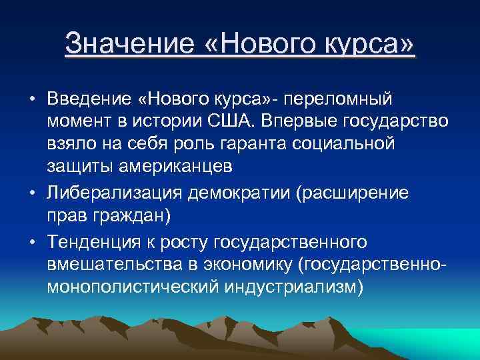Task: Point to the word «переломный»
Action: pos(340,99)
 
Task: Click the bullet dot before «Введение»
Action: pos(32,100)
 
